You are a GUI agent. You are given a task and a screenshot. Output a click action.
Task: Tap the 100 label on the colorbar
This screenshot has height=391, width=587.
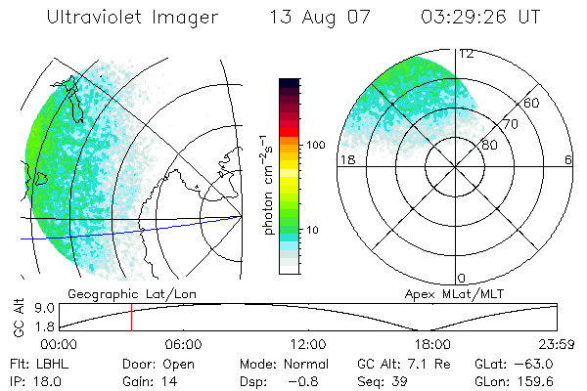316,145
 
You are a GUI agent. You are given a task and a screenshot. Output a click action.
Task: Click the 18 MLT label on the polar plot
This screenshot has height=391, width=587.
345,159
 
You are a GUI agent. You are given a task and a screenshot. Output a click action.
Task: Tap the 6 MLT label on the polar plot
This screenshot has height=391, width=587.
568,159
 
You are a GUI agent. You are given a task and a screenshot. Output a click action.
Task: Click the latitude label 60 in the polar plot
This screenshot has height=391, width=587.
532,103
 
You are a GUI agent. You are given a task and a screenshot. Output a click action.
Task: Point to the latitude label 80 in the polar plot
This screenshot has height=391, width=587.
489,145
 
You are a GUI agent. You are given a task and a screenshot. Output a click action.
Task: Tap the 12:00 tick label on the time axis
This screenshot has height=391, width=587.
308,344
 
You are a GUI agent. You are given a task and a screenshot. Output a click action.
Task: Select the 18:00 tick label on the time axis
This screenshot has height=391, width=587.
432,344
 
